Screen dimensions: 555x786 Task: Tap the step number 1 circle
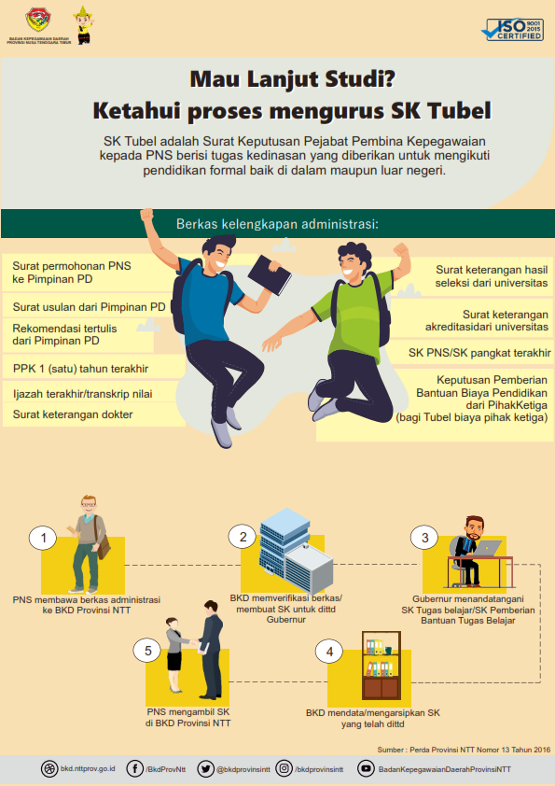coord(43,538)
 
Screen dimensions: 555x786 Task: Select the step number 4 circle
coord(329,652)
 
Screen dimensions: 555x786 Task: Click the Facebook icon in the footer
coord(134,768)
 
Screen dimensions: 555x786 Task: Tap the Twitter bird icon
coord(205,768)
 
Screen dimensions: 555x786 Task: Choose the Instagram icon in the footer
coord(284,768)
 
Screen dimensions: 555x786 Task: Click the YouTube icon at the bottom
coord(367,768)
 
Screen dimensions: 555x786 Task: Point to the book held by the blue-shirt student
coord(270,274)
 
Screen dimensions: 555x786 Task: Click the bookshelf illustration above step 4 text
coord(382,666)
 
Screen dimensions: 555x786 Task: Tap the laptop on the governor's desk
coord(487,548)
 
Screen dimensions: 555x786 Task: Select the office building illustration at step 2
coord(296,551)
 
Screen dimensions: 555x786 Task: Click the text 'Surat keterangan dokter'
coord(73,414)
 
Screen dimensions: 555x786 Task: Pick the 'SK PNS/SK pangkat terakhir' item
coord(479,353)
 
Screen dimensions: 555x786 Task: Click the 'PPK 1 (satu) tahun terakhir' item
coord(80,369)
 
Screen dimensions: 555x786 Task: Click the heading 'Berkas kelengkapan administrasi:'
coord(277,223)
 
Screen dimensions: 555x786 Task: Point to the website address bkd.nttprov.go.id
coord(88,768)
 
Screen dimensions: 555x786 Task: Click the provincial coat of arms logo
coord(38,20)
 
